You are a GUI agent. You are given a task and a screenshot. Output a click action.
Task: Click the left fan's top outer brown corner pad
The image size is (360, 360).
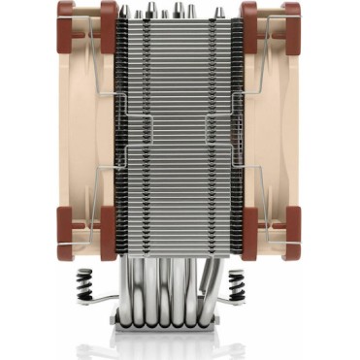pos(66,13)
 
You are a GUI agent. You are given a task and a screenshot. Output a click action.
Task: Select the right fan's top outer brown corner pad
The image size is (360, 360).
pos(293,13)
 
